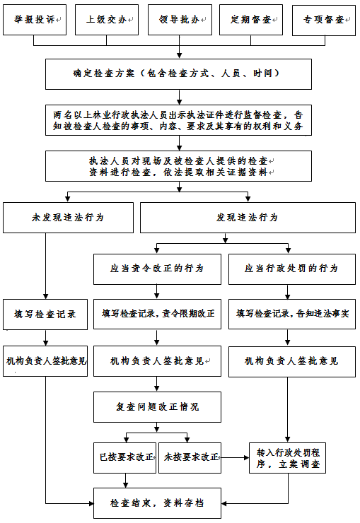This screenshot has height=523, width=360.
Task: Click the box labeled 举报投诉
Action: [35, 20]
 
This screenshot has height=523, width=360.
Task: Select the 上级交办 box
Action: [107, 20]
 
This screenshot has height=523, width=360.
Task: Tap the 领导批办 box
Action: [180, 20]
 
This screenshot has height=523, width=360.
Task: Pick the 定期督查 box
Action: [251, 20]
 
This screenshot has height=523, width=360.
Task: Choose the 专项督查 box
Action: [324, 20]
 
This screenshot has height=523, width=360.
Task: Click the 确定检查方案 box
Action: [178, 74]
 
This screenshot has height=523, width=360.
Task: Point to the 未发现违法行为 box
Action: [68, 218]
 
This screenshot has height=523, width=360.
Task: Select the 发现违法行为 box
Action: [248, 218]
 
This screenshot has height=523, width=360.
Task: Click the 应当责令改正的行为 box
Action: [157, 269]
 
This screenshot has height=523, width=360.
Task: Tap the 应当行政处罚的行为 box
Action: [292, 269]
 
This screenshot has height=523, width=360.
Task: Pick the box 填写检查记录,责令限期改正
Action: [157, 314]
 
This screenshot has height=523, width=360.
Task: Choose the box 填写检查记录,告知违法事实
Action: [292, 314]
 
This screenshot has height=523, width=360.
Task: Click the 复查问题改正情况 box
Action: [157, 407]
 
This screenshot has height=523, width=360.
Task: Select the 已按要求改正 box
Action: [124, 458]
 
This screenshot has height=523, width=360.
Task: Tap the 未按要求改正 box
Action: [190, 458]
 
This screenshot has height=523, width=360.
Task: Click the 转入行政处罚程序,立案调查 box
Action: [287, 458]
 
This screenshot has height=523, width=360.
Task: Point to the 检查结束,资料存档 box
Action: [157, 503]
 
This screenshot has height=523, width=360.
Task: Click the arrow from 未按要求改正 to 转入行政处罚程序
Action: [236, 458]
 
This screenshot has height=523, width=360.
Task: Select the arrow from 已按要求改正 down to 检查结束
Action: [125, 481]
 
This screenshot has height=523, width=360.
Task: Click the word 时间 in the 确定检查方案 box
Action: [262, 73]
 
